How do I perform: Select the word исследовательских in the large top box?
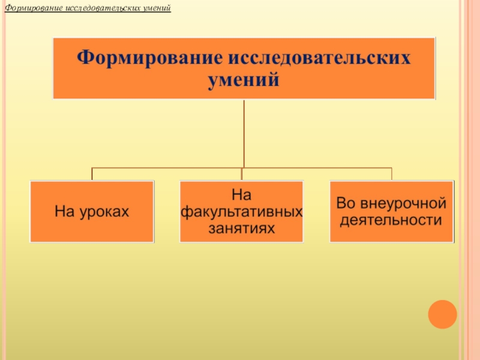pos(317,58)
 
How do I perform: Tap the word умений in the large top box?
pos(244,80)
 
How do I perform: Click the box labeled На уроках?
pos(92,211)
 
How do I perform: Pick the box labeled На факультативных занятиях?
pos(241,211)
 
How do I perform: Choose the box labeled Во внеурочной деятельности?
pos(391,211)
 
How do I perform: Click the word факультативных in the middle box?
pos(241,212)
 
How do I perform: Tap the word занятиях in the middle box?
pos(241,228)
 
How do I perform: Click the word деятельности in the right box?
pos(391,220)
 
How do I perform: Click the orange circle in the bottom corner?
pos(443,314)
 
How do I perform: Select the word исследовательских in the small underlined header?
pos(99,9)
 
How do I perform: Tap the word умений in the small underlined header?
pos(155,9)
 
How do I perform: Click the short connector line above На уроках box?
pos(92,174)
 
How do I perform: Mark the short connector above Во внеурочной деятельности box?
pos(392,174)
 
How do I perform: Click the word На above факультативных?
pos(241,195)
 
